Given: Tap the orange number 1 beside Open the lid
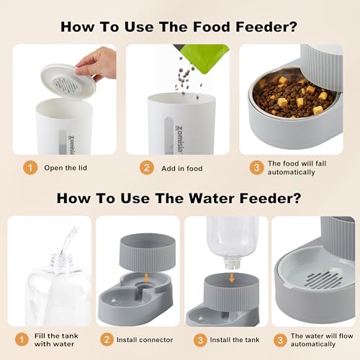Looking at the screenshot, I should [x=30, y=168].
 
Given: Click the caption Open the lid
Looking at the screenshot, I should [x=67, y=168].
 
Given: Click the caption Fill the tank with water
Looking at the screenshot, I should [x=61, y=341].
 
